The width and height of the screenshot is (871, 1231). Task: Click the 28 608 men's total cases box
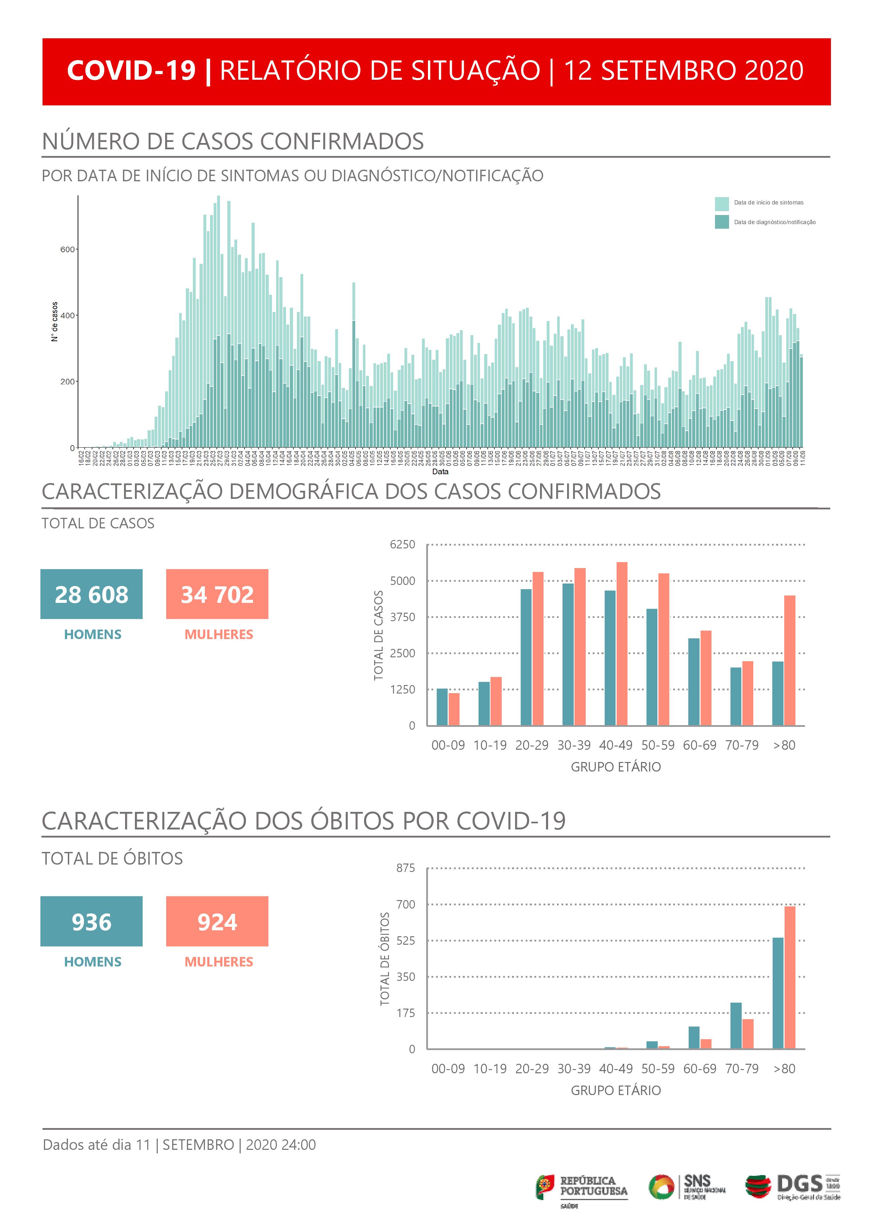91,594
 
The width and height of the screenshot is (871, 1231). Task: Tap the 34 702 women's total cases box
217,594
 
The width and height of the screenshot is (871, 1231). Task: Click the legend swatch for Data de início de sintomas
721,204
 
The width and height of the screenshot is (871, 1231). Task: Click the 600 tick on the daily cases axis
67,249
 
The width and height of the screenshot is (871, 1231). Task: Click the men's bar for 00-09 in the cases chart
442,706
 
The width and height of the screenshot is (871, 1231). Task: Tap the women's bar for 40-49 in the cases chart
622,643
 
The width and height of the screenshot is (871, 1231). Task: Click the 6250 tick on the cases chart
402,545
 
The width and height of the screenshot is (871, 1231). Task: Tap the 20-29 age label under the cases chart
532,745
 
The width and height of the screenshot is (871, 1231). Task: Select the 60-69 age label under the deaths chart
700,1069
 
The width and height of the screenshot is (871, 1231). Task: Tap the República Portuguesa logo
581,1188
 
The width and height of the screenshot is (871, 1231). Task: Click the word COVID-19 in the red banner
131,71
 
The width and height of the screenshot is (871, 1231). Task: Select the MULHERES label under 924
219,962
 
